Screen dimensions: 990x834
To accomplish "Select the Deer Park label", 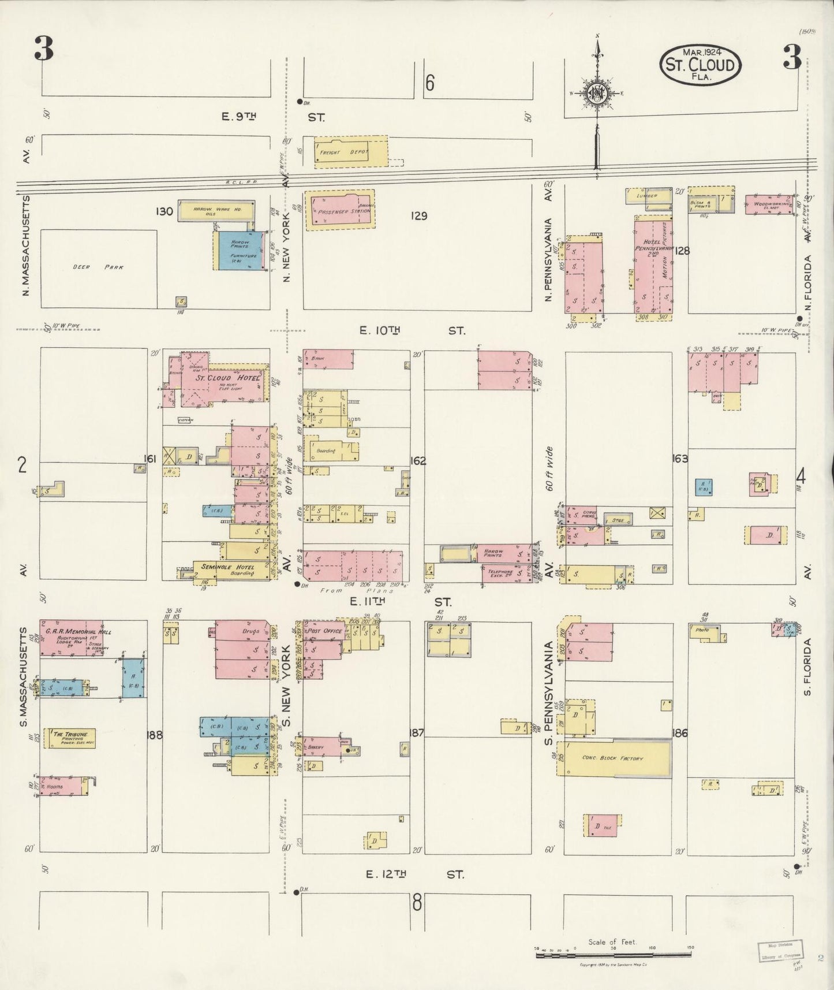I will click(x=98, y=267).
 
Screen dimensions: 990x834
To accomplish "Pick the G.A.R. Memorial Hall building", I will click(x=71, y=638).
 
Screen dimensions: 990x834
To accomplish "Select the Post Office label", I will click(x=326, y=631).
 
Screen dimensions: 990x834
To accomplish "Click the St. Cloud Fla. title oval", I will click(x=700, y=65).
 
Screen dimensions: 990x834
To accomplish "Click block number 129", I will click(x=418, y=216).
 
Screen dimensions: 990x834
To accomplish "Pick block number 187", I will click(x=416, y=733).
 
